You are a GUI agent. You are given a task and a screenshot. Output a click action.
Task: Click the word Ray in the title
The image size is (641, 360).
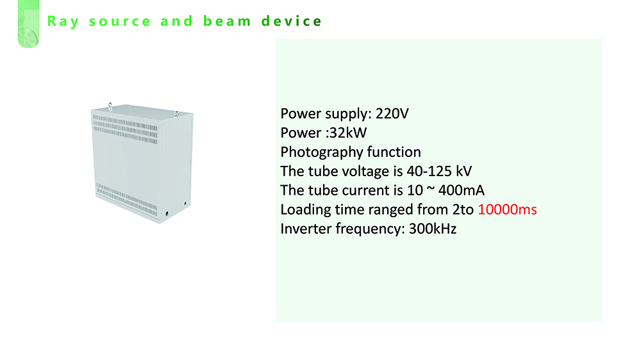click(x=63, y=22)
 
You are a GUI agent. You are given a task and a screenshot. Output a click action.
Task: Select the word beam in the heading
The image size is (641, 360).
click(x=227, y=21)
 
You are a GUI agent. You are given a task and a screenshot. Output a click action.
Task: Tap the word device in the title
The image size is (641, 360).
click(x=292, y=21)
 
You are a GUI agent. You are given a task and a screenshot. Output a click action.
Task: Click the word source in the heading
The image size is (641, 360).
click(x=120, y=22)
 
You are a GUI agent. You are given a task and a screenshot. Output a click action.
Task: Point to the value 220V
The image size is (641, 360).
click(x=392, y=113)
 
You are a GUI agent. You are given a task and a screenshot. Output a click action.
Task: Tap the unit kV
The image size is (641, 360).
click(x=464, y=171)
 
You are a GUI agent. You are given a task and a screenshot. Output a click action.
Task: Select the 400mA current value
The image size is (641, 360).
click(x=462, y=190)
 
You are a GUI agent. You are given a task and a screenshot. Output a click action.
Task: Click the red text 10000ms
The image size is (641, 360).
click(x=507, y=209)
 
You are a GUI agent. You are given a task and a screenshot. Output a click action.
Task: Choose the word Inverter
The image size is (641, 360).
click(x=306, y=229)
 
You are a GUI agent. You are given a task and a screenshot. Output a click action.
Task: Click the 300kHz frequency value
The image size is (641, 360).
click(x=433, y=229)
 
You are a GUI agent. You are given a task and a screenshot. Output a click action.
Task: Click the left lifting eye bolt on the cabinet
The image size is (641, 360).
click(x=110, y=106)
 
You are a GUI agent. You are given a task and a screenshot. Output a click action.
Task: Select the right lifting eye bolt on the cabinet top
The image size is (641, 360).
click(x=176, y=114)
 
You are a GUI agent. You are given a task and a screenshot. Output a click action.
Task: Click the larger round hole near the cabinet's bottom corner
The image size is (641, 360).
click(x=167, y=213)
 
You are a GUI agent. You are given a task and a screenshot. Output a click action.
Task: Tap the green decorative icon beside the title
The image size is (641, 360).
click(x=29, y=24)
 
